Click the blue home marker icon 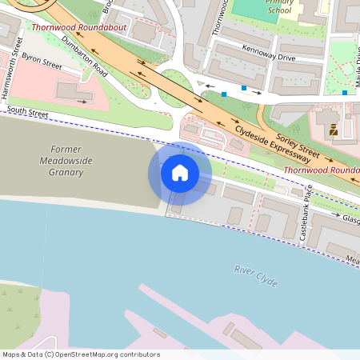pos(180,173)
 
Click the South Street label pos(28,113)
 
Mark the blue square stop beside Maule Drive pos(345,93)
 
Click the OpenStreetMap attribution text pos(80,354)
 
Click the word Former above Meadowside pos(66,150)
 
